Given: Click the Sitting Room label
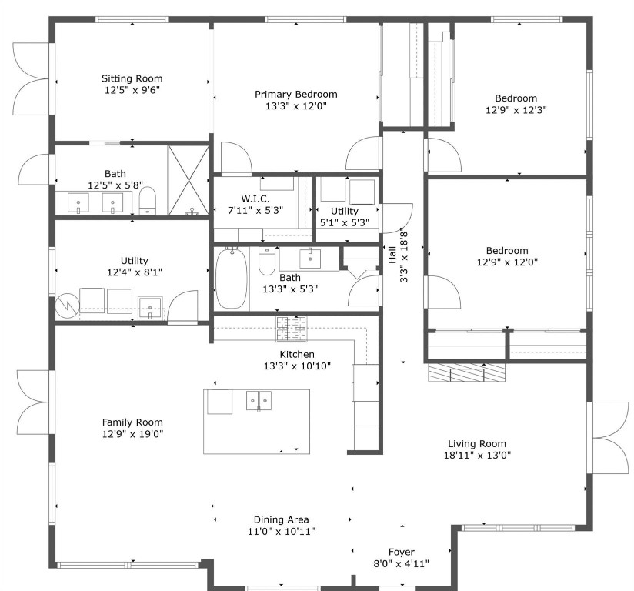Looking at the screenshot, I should coord(132,78).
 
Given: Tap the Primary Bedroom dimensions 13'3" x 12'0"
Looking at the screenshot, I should coord(296,107).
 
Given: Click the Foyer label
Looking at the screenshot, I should coord(401,552).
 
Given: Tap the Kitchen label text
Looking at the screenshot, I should coord(297,354).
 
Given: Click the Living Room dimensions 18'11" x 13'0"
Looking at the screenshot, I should coord(477,455).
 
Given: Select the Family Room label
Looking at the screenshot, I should coord(132,422).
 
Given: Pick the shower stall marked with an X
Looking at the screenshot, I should coord(189,180).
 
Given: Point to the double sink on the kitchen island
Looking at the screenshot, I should coord(259,401).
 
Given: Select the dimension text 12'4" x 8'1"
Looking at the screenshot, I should coord(134,272).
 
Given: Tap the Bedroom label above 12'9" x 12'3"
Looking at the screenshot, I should coord(516,98).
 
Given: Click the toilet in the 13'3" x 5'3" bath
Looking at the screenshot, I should coord(267,261).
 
